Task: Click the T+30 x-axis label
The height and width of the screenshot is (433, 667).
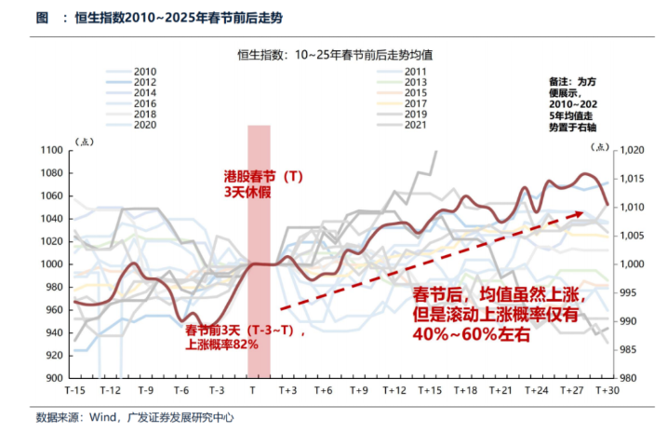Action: (x=607, y=390)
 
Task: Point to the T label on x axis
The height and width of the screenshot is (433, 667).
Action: (x=252, y=390)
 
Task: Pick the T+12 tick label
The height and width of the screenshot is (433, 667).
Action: (x=394, y=390)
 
